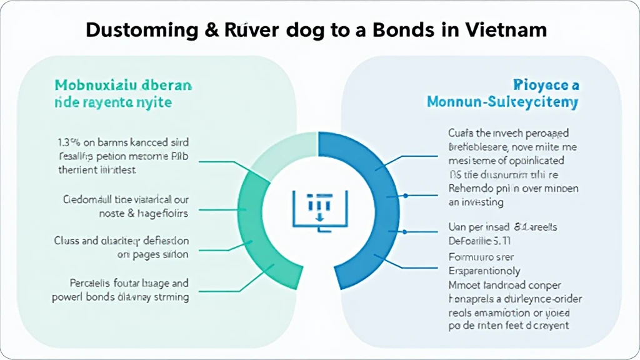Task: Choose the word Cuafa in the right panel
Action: (x=461, y=133)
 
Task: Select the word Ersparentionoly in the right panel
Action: (x=484, y=271)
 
